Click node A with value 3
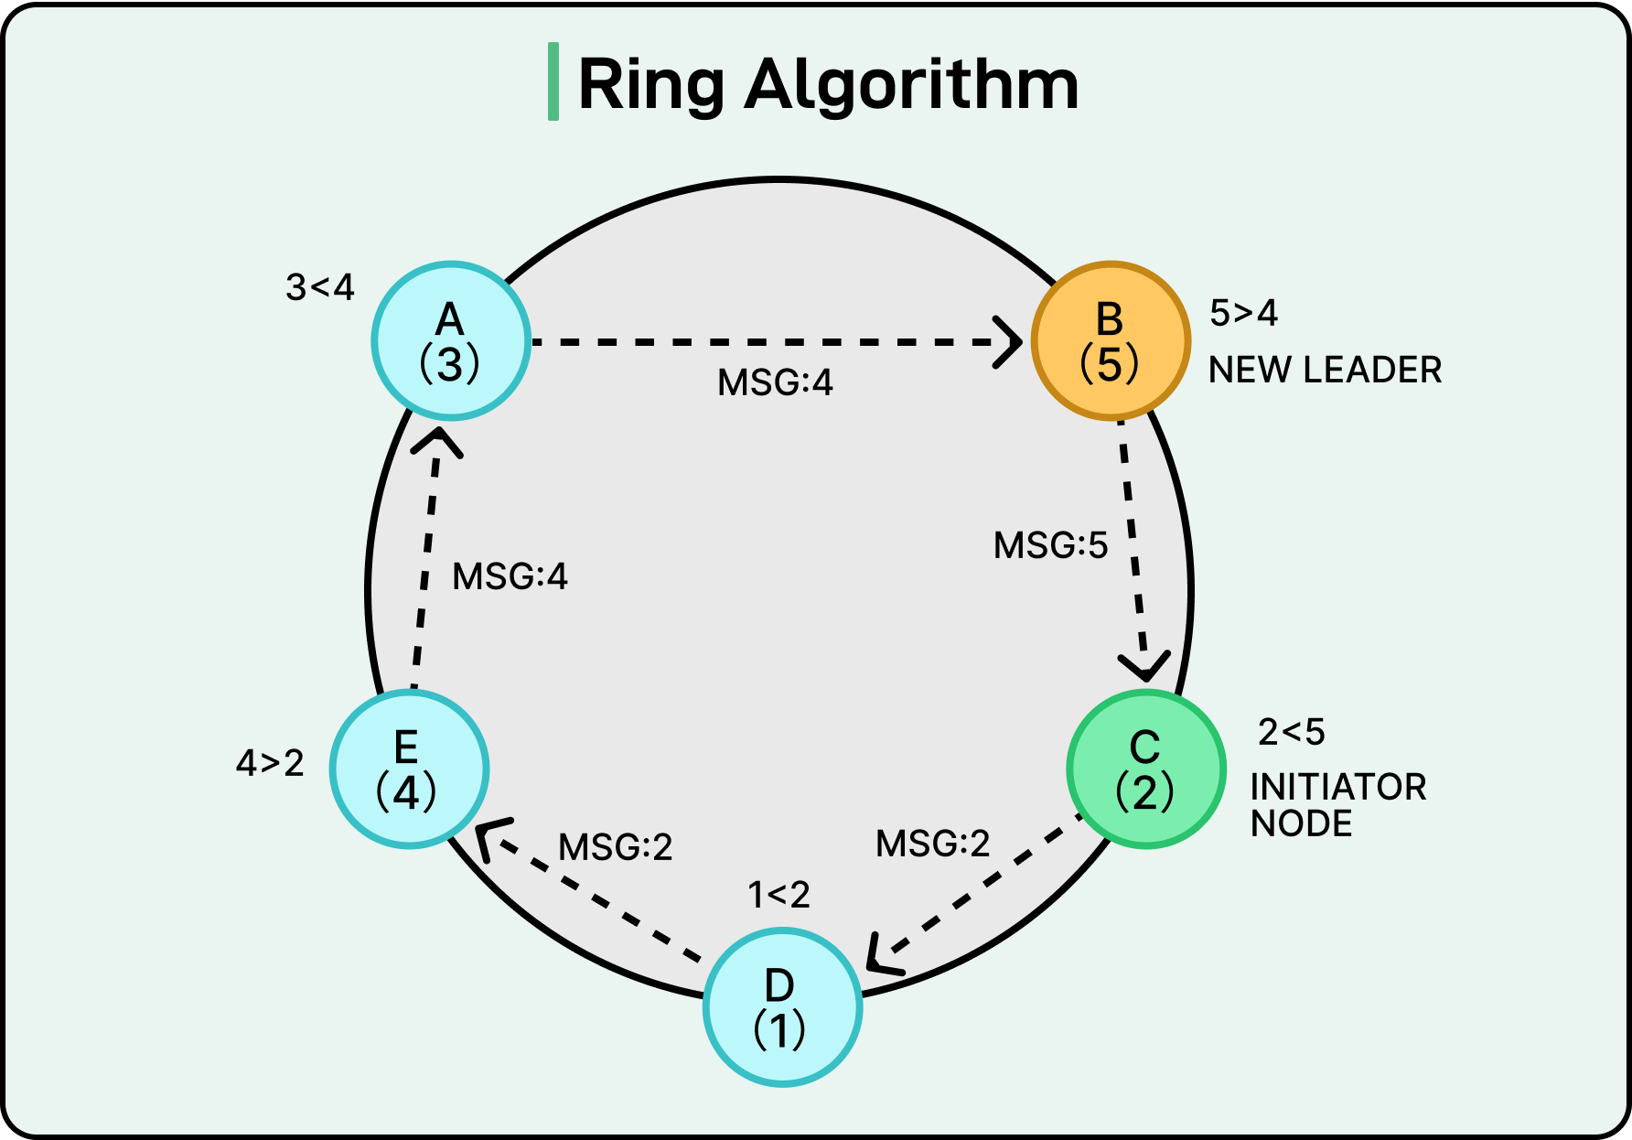pos(450,340)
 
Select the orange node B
pos(1110,340)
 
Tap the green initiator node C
pos(1145,769)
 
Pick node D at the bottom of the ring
pos(782,1006)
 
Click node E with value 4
pos(409,769)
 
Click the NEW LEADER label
pos(1325,371)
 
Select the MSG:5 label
pos(1050,546)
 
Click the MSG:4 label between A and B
pos(775,382)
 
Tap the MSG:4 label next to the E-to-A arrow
pos(510,577)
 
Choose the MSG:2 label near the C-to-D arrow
pos(932,844)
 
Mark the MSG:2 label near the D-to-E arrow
pos(615,847)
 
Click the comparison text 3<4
pos(319,287)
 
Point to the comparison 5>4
pos(1243,313)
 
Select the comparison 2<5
pos(1291,732)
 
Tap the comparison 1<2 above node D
pos(778,895)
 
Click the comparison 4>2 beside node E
pos(270,763)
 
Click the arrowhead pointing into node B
pos(1011,342)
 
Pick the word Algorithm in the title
pos(912,84)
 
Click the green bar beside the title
pos(553,81)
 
